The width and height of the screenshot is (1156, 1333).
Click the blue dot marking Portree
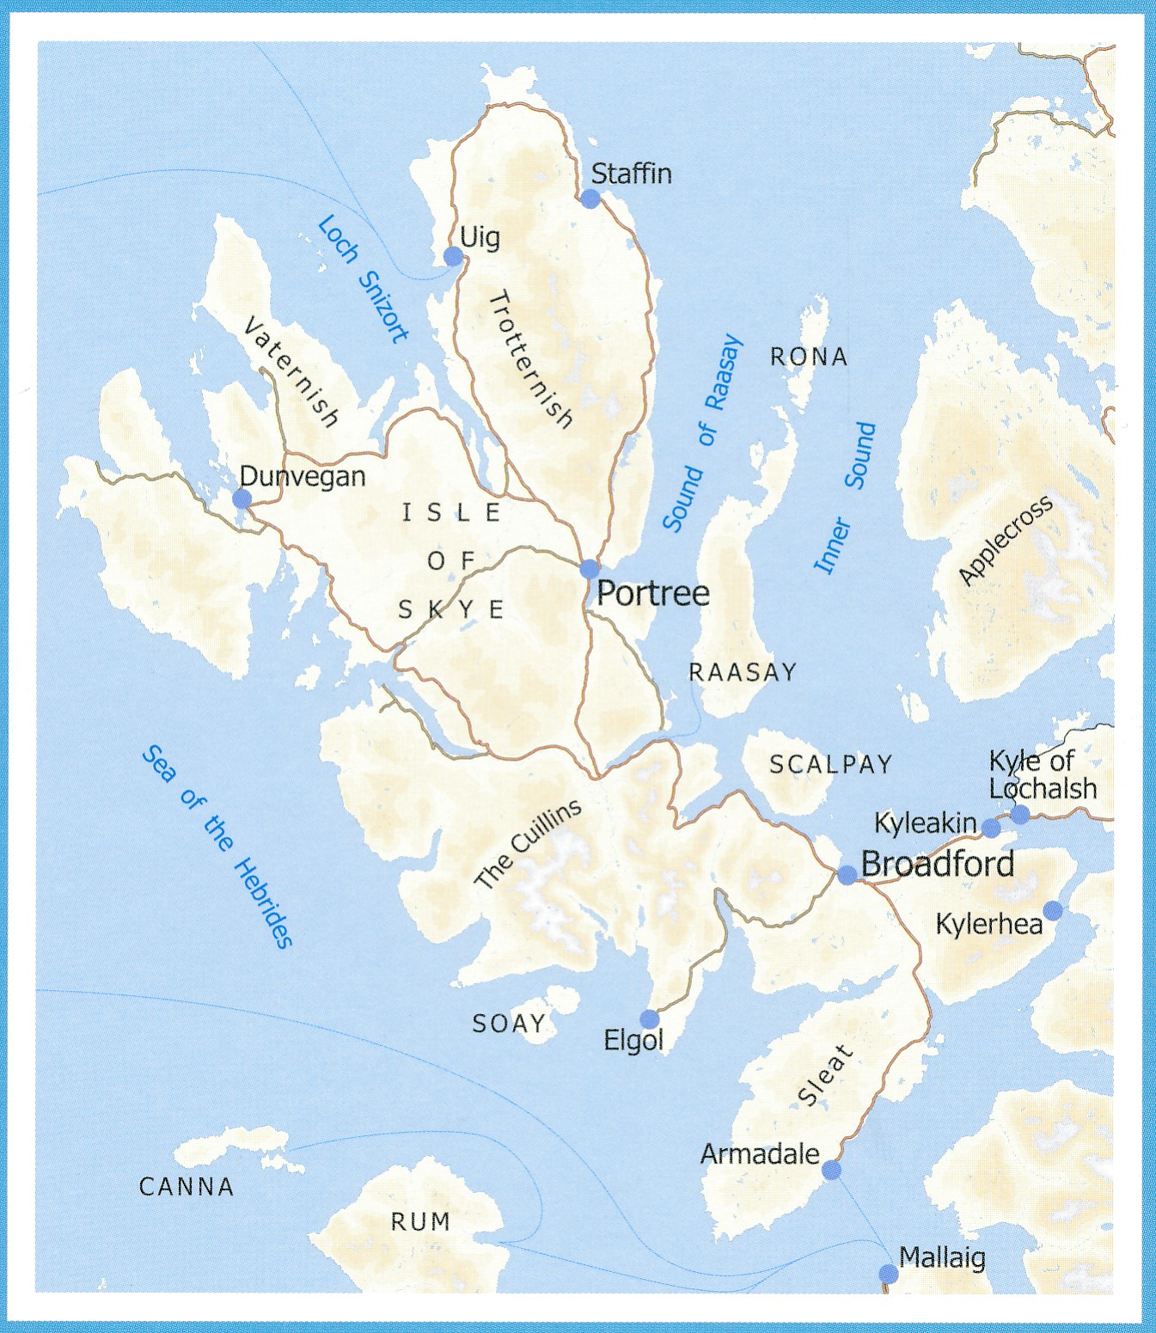click(x=589, y=569)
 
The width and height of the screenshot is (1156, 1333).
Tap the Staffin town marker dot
click(x=590, y=199)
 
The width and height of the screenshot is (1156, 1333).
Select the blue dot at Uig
click(x=453, y=256)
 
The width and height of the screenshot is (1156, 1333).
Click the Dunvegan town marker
click(x=242, y=499)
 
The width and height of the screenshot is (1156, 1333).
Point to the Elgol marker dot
click(x=650, y=1019)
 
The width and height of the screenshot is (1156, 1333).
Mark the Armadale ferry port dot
click(x=831, y=1170)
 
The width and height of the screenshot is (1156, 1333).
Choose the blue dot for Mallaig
click(x=889, y=1274)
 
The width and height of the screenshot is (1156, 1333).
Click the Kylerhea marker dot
click(x=1053, y=911)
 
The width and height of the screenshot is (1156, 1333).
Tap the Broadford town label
click(x=938, y=864)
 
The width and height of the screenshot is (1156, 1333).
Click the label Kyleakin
click(x=925, y=823)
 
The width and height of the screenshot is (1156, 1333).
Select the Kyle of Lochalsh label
click(x=1043, y=774)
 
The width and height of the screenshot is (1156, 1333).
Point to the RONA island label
click(x=809, y=357)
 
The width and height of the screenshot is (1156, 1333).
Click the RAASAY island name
click(x=743, y=672)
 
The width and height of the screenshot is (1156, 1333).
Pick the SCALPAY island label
click(x=830, y=764)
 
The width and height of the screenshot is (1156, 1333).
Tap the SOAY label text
click(x=509, y=1024)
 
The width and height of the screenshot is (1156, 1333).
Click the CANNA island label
click(x=187, y=1187)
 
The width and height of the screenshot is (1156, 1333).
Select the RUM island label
click(x=420, y=1221)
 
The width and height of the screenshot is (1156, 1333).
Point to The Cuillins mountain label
click(x=528, y=844)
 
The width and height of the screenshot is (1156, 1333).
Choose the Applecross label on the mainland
click(x=1005, y=541)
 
